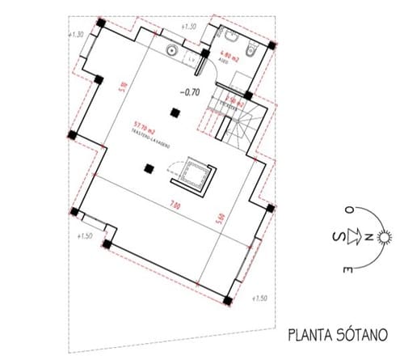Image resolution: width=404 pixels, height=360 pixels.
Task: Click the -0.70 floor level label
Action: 191,92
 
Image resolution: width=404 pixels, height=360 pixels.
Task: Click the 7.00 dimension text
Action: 175,205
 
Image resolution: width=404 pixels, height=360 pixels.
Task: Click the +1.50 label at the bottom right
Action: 260,300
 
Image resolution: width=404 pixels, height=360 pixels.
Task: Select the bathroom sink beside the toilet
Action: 225,36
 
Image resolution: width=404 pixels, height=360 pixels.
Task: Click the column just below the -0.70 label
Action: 172,113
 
